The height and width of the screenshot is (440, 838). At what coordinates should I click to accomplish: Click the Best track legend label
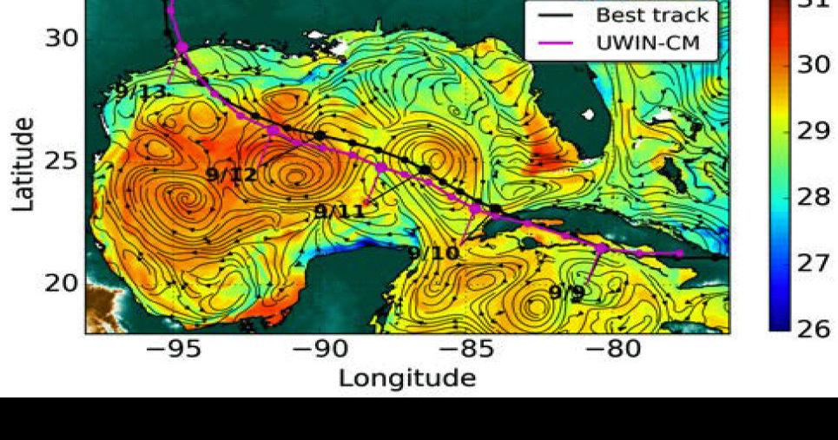(x=651, y=15)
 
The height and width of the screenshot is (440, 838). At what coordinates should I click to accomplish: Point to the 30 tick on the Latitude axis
(x=61, y=38)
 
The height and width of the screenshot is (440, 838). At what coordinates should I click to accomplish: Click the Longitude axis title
(x=406, y=378)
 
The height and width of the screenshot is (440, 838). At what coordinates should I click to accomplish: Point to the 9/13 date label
(x=141, y=90)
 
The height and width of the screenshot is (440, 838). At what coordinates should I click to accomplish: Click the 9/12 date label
(x=232, y=174)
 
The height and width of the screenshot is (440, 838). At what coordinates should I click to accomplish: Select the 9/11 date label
(x=339, y=211)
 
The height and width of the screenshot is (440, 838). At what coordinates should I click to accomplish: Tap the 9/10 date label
(x=433, y=253)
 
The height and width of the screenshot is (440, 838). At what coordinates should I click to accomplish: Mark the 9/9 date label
(x=567, y=292)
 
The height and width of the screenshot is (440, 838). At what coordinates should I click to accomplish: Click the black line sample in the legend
(x=552, y=16)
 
